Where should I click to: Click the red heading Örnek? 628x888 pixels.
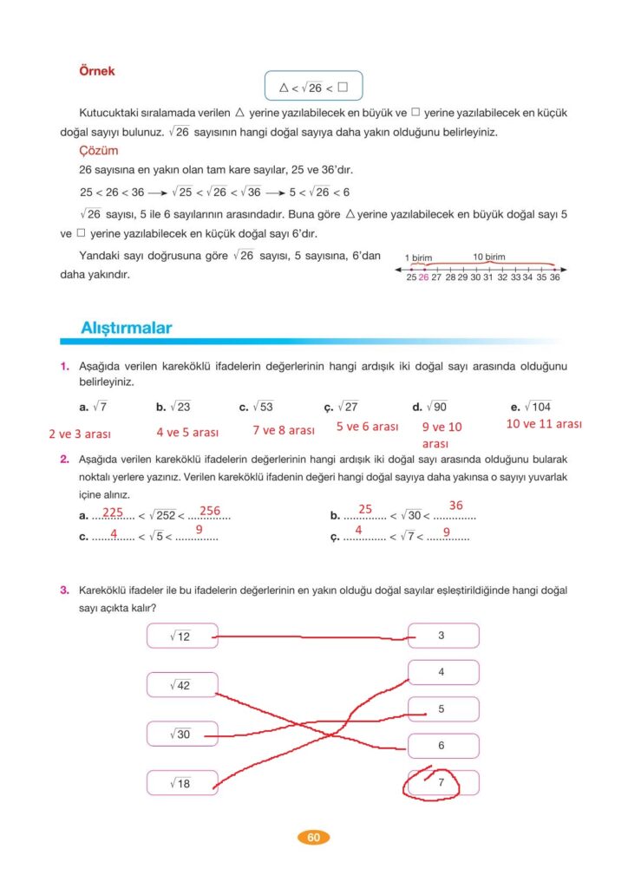click(x=96, y=71)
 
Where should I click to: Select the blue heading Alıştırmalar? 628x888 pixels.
click(x=126, y=328)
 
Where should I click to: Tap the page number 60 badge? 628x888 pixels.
click(x=313, y=837)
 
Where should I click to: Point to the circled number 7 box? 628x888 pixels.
click(x=442, y=783)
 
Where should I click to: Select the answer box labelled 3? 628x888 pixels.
click(x=442, y=636)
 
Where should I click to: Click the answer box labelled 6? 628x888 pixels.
click(x=442, y=746)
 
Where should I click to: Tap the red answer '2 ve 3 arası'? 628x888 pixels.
click(x=79, y=434)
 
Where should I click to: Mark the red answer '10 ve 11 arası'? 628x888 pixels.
click(x=544, y=424)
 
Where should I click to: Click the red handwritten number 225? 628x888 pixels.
click(x=112, y=512)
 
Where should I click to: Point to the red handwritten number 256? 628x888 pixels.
click(x=210, y=511)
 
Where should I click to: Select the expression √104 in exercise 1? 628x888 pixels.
click(x=538, y=406)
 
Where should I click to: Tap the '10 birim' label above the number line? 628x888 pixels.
click(x=489, y=258)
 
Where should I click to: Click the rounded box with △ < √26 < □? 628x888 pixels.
click(x=313, y=87)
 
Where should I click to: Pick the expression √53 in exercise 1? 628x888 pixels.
click(x=259, y=406)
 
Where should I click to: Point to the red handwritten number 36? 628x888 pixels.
click(x=455, y=505)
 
